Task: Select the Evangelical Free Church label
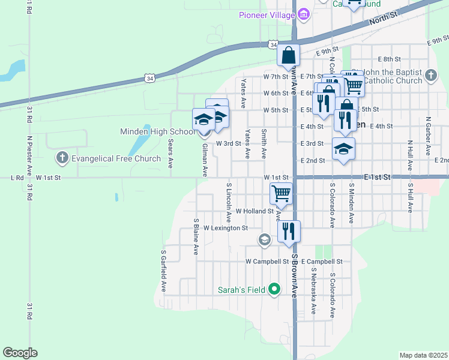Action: pos(116,159)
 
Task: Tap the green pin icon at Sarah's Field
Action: pos(275,290)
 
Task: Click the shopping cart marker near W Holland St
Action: pos(281,193)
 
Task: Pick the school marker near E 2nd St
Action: pos(343,149)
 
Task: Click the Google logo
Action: pos(20,353)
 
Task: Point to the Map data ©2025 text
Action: pos(423,355)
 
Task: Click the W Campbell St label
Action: pos(267,262)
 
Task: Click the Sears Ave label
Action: pos(170,153)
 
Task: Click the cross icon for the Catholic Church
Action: pos(430,76)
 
